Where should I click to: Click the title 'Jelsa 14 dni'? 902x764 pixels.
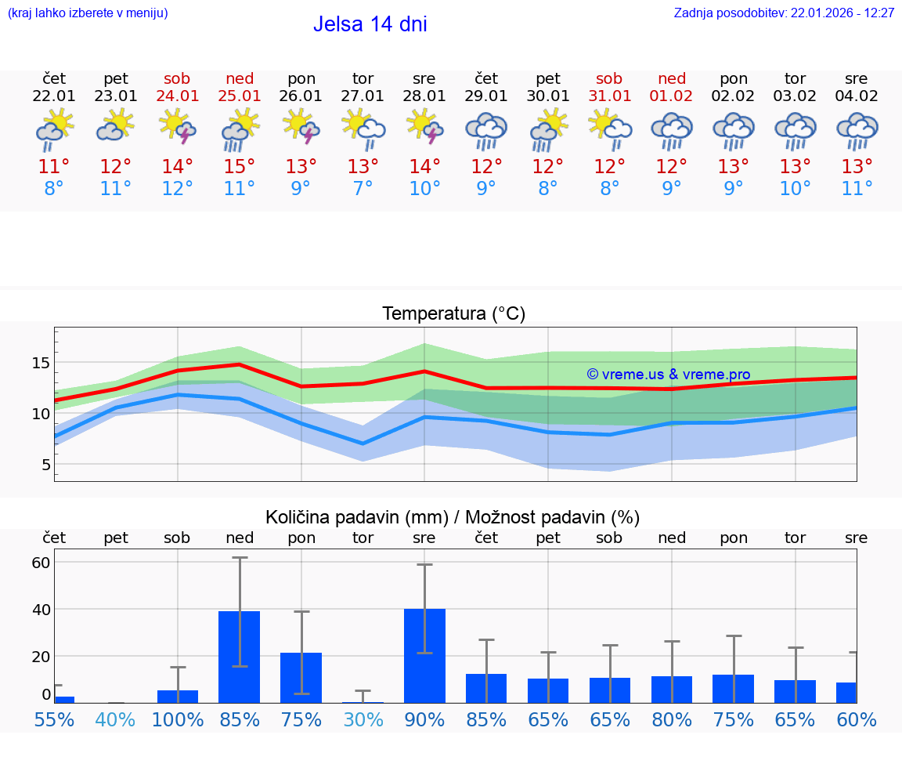(x=370, y=24)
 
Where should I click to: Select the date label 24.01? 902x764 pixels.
(x=178, y=96)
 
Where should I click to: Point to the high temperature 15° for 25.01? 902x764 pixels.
(x=240, y=167)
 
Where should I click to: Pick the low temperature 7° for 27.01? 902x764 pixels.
(x=363, y=189)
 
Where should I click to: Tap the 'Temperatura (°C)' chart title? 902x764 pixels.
(x=453, y=314)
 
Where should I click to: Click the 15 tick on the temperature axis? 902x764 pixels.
(x=41, y=363)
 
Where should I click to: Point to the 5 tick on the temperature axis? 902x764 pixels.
(x=45, y=465)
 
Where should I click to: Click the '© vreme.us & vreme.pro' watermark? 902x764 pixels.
(x=668, y=375)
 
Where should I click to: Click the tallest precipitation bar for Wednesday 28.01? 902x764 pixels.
(x=424, y=655)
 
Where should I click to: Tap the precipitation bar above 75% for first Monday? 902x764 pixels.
(x=301, y=677)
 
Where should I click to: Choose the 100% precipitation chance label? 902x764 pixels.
(x=178, y=719)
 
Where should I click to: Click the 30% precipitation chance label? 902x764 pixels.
(x=363, y=719)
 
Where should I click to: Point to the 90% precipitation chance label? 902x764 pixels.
(x=424, y=719)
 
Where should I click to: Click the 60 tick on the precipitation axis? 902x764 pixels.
(x=41, y=562)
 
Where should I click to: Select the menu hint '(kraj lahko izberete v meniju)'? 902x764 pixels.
(x=88, y=13)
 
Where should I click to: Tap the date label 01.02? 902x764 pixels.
(x=671, y=96)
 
